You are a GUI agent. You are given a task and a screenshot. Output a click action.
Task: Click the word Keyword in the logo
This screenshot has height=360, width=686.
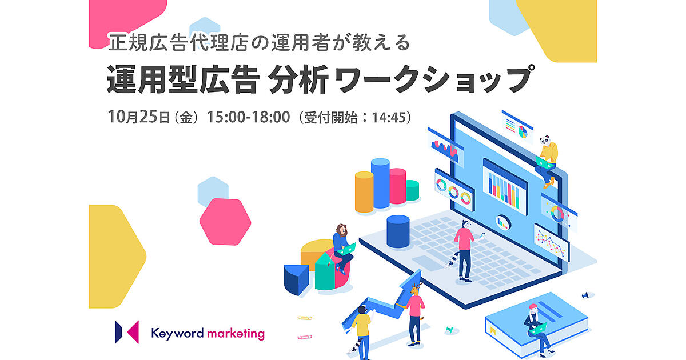(x=177, y=334)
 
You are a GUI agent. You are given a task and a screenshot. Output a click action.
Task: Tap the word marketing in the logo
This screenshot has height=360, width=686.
(x=236, y=334)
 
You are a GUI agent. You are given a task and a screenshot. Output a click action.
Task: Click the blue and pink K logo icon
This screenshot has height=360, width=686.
(x=127, y=332)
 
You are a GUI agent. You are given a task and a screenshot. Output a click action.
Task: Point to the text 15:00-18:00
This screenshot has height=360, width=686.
(x=248, y=117)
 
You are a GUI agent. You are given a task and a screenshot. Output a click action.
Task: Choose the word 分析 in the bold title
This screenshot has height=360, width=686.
(x=298, y=79)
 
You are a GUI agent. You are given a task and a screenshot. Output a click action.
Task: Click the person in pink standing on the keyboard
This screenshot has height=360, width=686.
(x=465, y=250)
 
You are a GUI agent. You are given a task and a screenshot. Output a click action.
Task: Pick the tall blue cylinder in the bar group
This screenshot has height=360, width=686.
(x=380, y=183)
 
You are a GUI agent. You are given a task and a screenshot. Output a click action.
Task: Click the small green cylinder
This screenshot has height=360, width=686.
(x=412, y=190)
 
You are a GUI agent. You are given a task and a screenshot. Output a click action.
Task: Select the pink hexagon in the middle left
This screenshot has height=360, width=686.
(x=225, y=222)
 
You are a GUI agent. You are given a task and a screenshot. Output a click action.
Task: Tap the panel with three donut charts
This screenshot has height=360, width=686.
(x=454, y=190)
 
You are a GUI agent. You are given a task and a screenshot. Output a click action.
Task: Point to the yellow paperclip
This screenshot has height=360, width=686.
(x=305, y=318)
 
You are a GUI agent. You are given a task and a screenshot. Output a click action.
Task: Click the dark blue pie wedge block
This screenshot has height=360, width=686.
(x=296, y=279)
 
